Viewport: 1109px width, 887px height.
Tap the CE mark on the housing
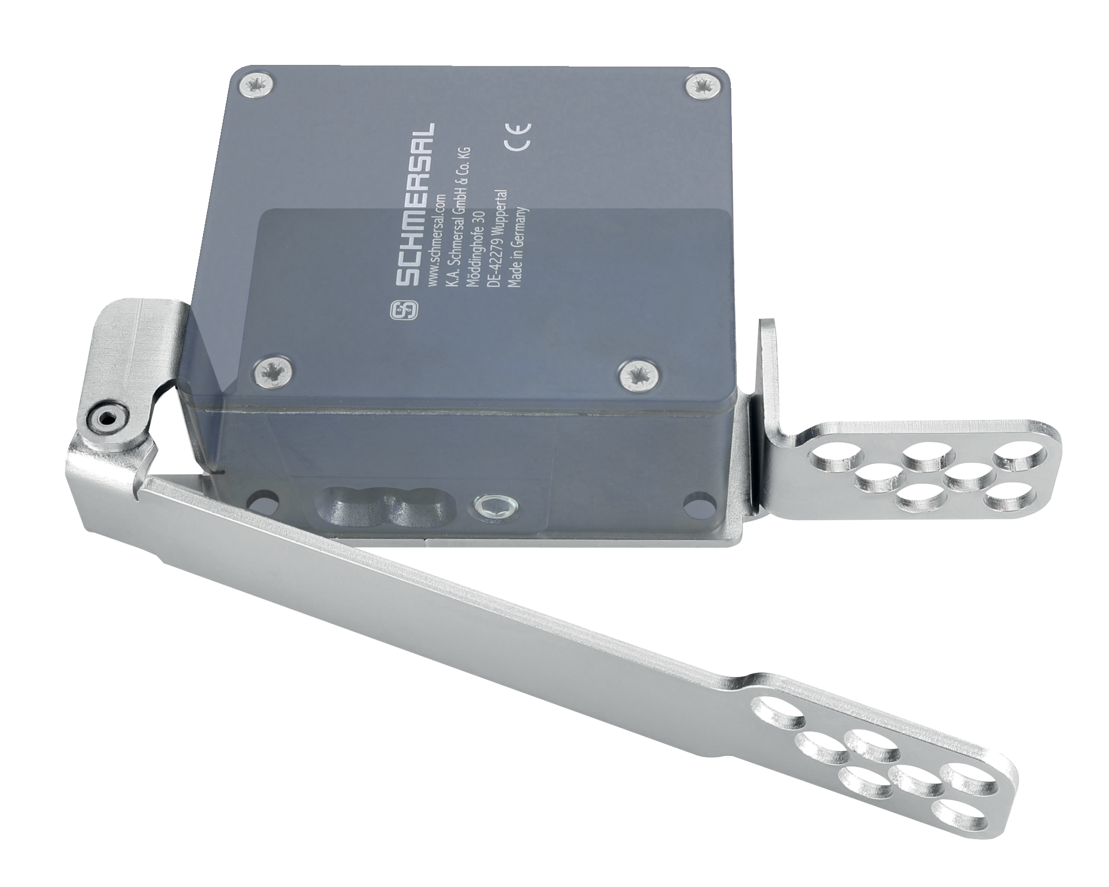pos(517,136)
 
